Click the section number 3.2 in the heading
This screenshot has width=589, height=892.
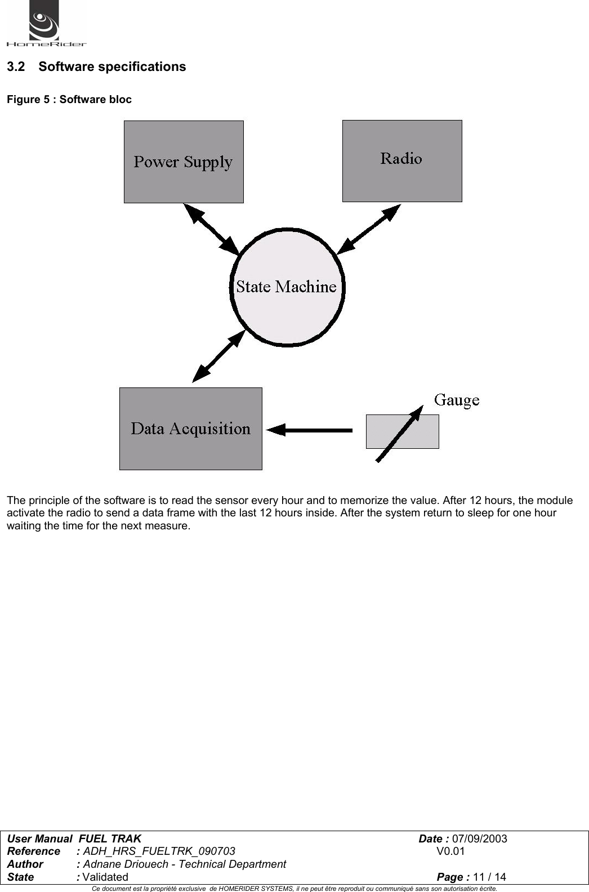pos(16,67)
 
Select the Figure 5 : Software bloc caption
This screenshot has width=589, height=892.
pos(69,100)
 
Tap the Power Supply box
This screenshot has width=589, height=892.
pos(184,162)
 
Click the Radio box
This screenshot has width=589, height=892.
pos(402,160)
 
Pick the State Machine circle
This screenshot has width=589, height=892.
pos(287,287)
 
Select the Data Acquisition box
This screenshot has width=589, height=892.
pos(190,429)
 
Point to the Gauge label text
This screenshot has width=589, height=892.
pos(457,400)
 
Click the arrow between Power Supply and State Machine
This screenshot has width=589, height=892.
pos(212,229)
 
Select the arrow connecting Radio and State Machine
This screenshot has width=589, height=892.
pos(368,228)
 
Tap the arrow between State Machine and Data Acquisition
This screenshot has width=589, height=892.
pos(218,356)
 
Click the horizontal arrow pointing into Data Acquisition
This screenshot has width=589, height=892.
pos(310,431)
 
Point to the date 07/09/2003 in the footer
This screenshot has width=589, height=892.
pos(479,839)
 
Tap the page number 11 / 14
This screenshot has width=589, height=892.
pos(489,877)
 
